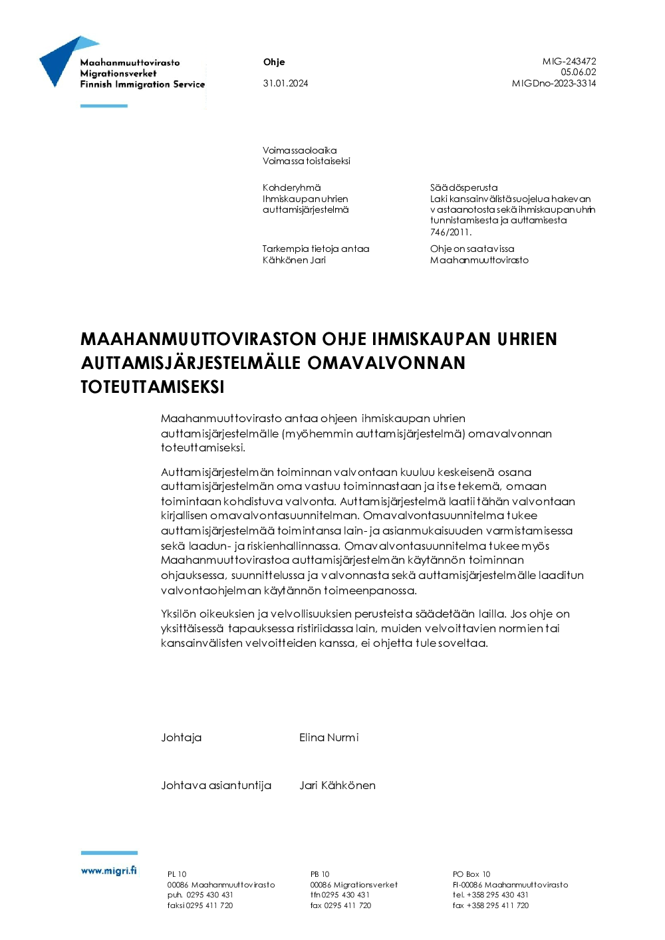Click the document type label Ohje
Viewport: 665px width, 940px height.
tap(274, 62)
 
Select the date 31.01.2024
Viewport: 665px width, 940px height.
tap(285, 83)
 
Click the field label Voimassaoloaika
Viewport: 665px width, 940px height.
tap(299, 150)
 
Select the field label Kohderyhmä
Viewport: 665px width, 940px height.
tap(291, 187)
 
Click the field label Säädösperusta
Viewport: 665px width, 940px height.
tap(464, 187)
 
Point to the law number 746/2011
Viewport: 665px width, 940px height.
tap(450, 232)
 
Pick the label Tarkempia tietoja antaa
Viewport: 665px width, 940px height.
tap(315, 249)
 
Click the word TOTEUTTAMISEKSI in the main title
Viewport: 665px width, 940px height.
tap(152, 387)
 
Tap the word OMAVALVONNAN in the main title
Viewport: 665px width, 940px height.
tap(386, 363)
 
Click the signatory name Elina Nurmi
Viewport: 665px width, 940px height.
tap(329, 737)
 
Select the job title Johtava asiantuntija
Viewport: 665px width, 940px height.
tap(216, 785)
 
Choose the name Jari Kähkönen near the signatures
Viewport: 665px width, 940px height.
tap(337, 785)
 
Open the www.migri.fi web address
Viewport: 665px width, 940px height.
tap(108, 870)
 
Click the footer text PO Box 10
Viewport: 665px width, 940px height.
tap(471, 874)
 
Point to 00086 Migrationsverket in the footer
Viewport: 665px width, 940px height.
tap(354, 885)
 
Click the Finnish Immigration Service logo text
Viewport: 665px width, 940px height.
tap(142, 84)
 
